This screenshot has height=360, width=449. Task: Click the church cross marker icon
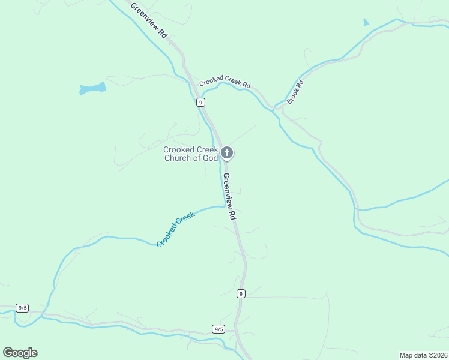click(227, 153)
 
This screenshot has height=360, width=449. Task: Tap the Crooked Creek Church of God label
click(191, 154)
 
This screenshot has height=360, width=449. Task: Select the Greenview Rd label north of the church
click(149, 20)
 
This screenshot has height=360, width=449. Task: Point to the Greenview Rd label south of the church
click(228, 197)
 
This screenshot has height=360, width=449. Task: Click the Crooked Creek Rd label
click(224, 81)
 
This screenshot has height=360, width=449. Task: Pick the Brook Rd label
click(295, 92)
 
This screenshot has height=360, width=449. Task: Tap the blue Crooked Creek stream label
click(175, 229)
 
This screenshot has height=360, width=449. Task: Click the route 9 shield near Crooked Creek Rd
click(200, 103)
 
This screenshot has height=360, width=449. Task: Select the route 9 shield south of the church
click(240, 293)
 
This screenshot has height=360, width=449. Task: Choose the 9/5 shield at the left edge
click(23, 308)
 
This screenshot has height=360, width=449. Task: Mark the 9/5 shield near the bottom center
click(218, 329)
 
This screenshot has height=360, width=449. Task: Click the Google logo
click(20, 353)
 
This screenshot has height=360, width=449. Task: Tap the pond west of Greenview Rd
click(92, 89)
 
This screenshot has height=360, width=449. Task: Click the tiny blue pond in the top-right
click(366, 23)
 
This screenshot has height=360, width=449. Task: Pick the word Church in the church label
click(178, 158)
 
